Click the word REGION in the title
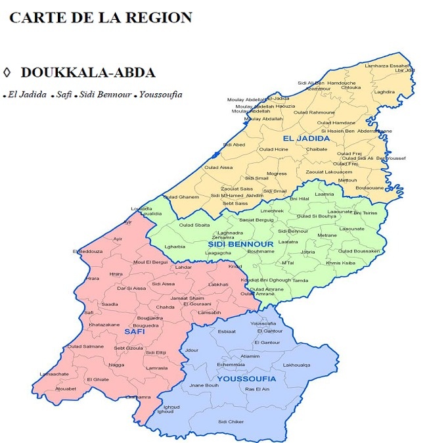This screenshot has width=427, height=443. [x=158, y=18]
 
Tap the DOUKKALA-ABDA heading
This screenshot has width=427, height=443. [x=87, y=72]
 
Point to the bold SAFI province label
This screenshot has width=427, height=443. [x=134, y=331]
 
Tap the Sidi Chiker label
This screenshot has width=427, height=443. [x=231, y=421]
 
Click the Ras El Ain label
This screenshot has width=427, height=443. [x=258, y=390]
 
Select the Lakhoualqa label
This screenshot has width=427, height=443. [x=296, y=365]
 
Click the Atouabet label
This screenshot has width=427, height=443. [x=66, y=389]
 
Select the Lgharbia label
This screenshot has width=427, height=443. [x=175, y=246]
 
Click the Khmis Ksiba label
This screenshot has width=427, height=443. [x=341, y=262]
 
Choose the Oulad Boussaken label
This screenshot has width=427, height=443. [x=359, y=251]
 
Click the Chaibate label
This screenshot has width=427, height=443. [x=317, y=149]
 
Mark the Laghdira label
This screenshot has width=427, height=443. [x=384, y=93]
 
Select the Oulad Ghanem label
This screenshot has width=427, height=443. [x=181, y=197]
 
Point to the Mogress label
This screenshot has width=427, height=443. [x=277, y=174]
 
